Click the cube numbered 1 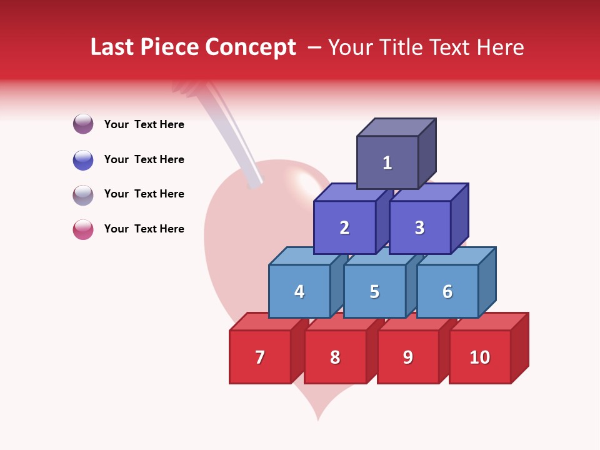[387, 162]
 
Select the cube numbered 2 [344, 227]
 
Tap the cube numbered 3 [419, 227]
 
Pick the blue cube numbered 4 [299, 291]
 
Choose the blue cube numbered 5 [374, 291]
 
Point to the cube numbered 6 [447, 291]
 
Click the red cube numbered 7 [260, 357]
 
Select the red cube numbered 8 [335, 357]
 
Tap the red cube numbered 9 [407, 357]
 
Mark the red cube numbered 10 [479, 357]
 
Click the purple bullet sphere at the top [83, 124]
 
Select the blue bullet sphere [83, 159]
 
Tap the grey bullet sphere [83, 194]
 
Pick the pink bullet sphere [83, 229]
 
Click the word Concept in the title [251, 47]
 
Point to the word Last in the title [114, 47]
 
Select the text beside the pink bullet [144, 229]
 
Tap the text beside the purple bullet [144, 124]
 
